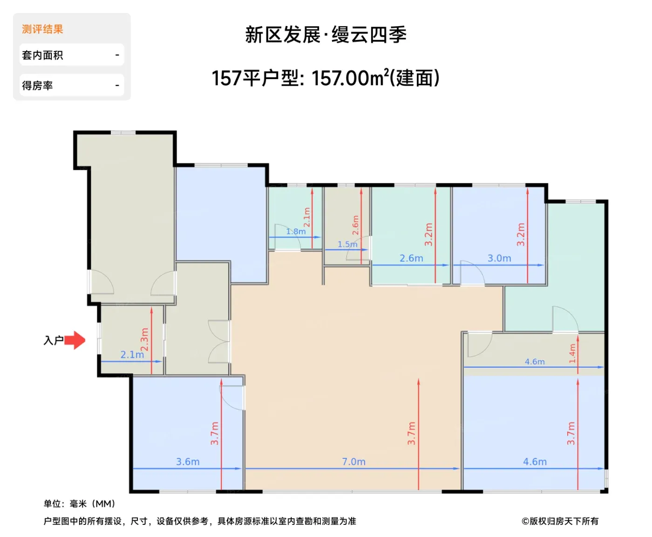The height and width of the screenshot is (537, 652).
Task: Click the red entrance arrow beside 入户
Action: [x=75, y=340]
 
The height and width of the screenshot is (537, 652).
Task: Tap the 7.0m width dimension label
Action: [x=353, y=462]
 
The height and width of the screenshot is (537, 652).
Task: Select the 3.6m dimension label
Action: [x=188, y=462]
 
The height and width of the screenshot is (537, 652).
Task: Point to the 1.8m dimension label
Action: [x=296, y=232]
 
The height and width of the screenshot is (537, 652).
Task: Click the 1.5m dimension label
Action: [x=347, y=244]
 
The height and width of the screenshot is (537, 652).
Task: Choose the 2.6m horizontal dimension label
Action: [x=411, y=258]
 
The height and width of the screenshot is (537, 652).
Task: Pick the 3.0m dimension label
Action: [x=499, y=258]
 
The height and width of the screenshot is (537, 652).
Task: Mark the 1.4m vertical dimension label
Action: [x=572, y=354]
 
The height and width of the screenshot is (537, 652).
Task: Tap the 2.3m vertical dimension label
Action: [x=144, y=340]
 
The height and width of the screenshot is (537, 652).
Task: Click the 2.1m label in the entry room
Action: [x=132, y=355]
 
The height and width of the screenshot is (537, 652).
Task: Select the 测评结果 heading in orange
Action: [x=42, y=29]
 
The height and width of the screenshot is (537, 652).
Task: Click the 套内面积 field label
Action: [x=42, y=55]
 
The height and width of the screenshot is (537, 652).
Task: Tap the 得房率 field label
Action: [x=37, y=85]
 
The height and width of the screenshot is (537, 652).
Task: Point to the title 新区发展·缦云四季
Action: [x=326, y=34]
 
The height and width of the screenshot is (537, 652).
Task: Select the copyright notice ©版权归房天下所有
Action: [x=560, y=521]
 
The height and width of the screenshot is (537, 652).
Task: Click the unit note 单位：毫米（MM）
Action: [x=80, y=503]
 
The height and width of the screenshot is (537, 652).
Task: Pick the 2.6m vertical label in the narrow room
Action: [x=355, y=225]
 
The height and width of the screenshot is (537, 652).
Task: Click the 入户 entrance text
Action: [x=54, y=340]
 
